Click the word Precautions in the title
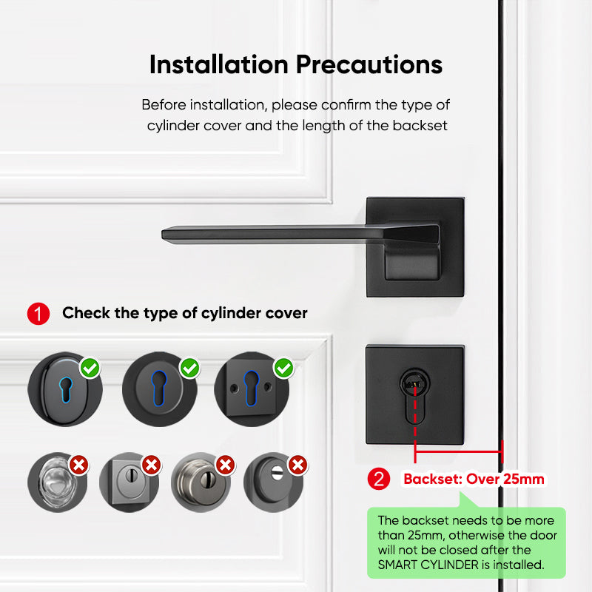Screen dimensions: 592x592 point(370,64)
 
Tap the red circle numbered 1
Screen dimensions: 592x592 point(38,313)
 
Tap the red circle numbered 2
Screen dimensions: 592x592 point(380,479)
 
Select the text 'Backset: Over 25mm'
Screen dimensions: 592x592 point(474,479)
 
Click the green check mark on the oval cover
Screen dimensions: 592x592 point(90,367)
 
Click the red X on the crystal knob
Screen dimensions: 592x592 point(79,465)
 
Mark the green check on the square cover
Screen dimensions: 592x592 point(283,367)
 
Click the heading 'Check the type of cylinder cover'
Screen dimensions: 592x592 point(184,313)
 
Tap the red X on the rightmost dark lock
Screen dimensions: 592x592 point(297,465)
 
